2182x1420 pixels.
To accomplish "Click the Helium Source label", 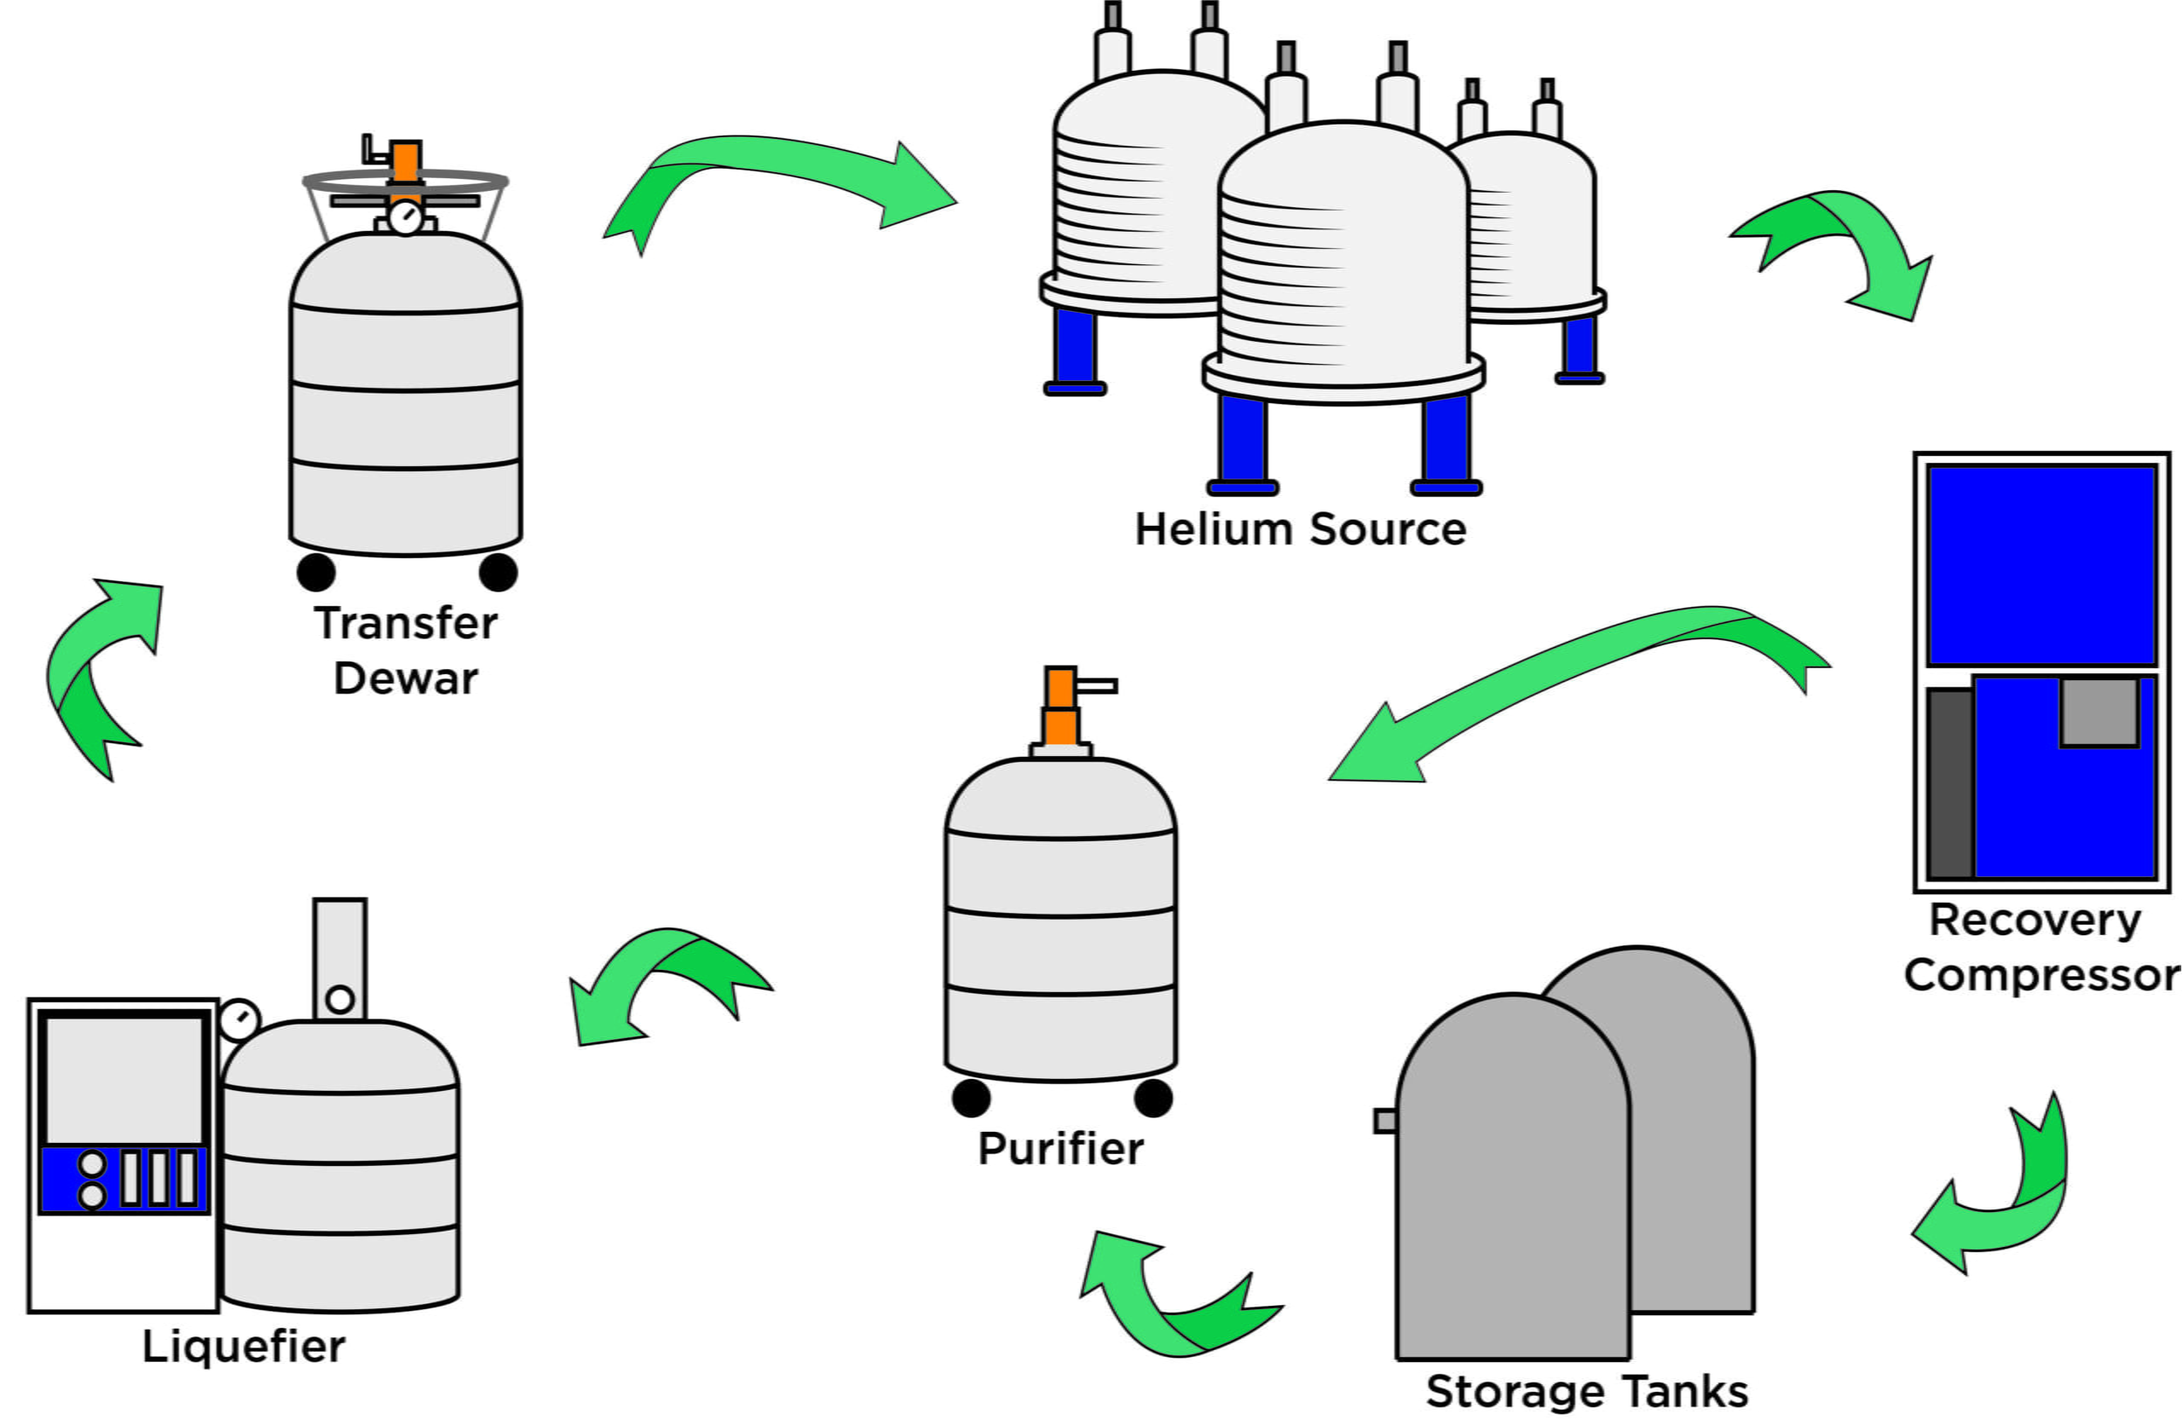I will pos(1300,530).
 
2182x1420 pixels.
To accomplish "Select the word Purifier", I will pos(1061,1149).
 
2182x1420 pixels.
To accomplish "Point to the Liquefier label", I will pos(244,1346).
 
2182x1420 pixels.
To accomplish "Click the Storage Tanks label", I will pos(1587,1391).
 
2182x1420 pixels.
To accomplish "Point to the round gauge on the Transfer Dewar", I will pos(405,218).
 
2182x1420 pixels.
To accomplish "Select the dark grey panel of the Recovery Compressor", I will pos(1951,784).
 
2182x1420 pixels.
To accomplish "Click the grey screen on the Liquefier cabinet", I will pos(124,1080).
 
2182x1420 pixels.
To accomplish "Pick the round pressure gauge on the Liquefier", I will pos(240,1019).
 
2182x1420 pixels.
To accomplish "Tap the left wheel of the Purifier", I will pos(971,1097).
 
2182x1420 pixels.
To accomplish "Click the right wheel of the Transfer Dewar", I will pos(498,572).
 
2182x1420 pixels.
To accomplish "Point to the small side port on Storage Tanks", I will pos(1384,1120).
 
